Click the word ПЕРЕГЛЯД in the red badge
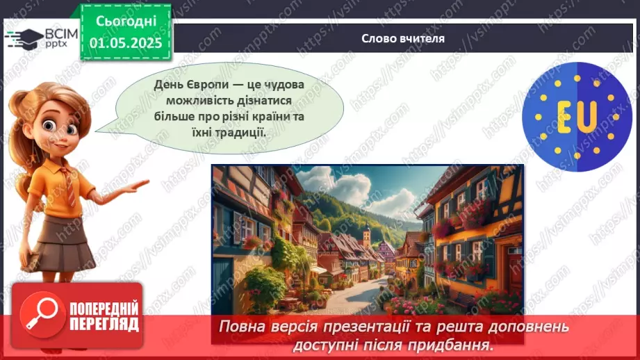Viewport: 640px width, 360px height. point(104,324)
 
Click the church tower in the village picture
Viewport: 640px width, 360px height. point(367,236)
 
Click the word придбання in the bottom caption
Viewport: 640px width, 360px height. point(456,345)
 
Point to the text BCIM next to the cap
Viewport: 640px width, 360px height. point(58,32)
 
